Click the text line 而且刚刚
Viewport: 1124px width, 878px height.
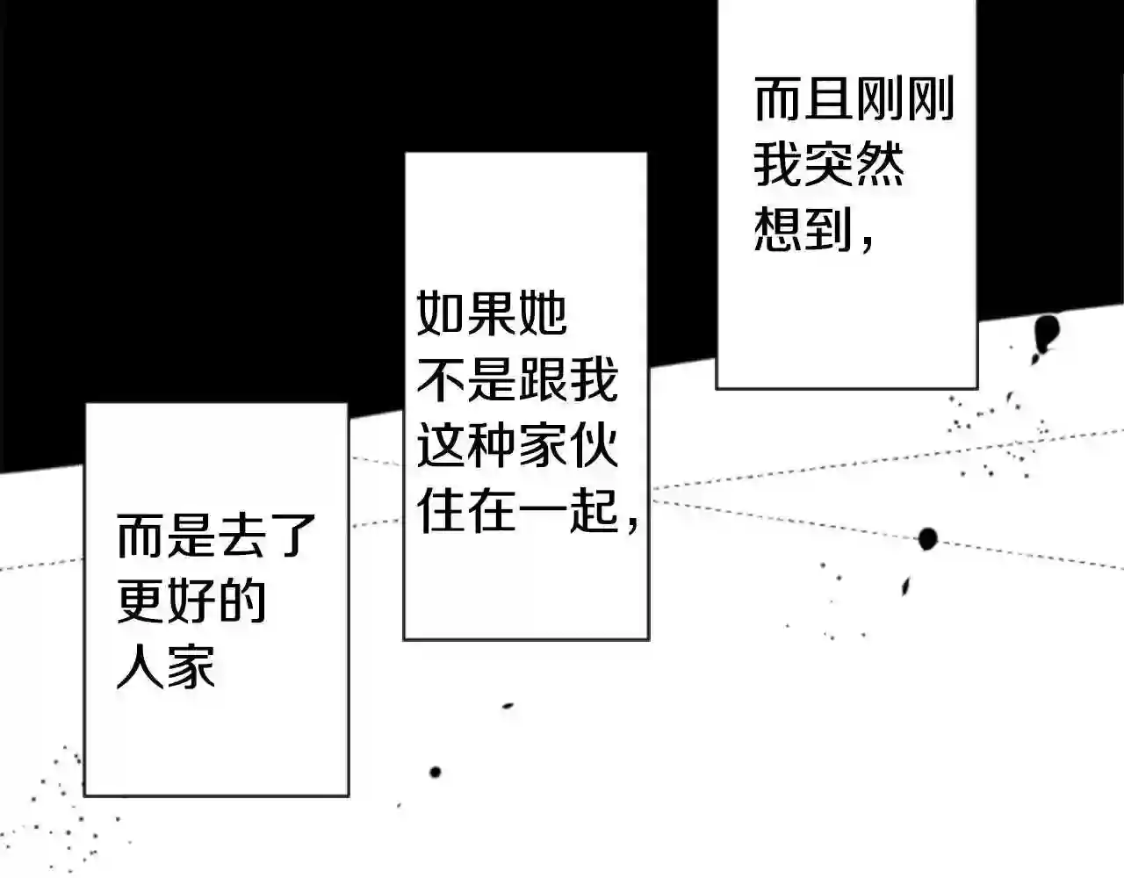(854, 100)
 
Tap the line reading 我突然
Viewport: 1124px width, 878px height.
(828, 165)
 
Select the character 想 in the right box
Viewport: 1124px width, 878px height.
(777, 230)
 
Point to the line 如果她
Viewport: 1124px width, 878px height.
(492, 313)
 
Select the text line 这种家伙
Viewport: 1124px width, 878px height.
(517, 445)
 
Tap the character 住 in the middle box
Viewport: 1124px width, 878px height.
(441, 511)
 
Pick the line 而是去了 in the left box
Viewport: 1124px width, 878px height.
(216, 536)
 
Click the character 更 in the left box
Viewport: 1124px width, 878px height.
(140, 601)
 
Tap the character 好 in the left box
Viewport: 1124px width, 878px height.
(191, 601)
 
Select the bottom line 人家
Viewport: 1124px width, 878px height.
(166, 667)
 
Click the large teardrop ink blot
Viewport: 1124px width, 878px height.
(1045, 333)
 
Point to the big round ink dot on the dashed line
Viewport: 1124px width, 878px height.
(927, 538)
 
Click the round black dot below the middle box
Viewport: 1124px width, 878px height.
(435, 773)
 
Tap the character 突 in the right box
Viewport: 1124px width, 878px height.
(828, 165)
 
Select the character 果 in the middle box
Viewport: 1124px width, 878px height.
(492, 313)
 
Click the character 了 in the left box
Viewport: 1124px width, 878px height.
(292, 536)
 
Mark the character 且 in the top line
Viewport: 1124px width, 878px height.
(828, 100)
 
